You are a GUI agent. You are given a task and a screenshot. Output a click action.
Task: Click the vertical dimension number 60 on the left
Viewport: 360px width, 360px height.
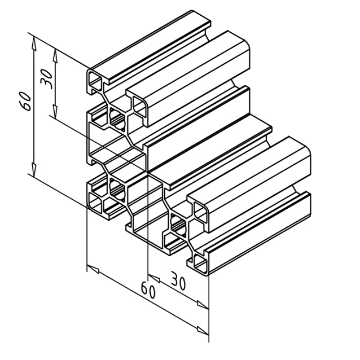tap(25, 101)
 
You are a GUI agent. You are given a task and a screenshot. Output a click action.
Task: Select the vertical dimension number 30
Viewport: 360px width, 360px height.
tap(46, 80)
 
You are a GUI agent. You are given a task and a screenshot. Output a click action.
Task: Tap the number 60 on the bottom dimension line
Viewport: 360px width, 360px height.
tap(148, 291)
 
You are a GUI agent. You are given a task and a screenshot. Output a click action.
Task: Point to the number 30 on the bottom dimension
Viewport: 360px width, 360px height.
tap(178, 280)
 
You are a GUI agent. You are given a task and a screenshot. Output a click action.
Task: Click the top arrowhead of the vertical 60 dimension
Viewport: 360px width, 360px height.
tap(34, 43)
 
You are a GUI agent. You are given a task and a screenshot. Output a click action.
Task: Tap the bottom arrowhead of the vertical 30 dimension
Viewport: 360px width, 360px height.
tap(55, 111)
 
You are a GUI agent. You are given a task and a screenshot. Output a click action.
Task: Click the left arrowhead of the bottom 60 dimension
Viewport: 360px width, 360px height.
tap(93, 269)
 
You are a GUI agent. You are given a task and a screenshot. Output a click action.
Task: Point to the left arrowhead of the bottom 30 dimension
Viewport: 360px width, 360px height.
tap(154, 278)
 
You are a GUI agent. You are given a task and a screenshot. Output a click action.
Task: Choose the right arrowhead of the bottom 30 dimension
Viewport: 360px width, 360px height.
tap(203, 305)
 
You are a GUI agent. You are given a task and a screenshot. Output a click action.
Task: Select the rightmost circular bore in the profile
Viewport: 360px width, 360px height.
tap(178, 226)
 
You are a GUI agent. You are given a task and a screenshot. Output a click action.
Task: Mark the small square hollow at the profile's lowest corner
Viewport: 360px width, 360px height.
tap(200, 262)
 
